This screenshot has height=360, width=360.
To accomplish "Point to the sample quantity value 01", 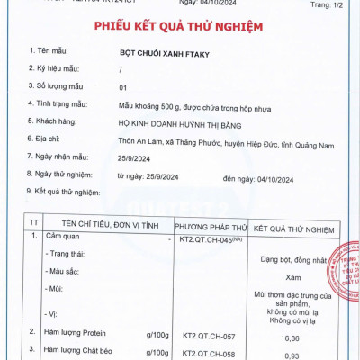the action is pyautogui.click(x=123, y=88).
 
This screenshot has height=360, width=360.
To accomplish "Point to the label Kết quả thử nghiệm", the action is pyautogui.click(x=68, y=192).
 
